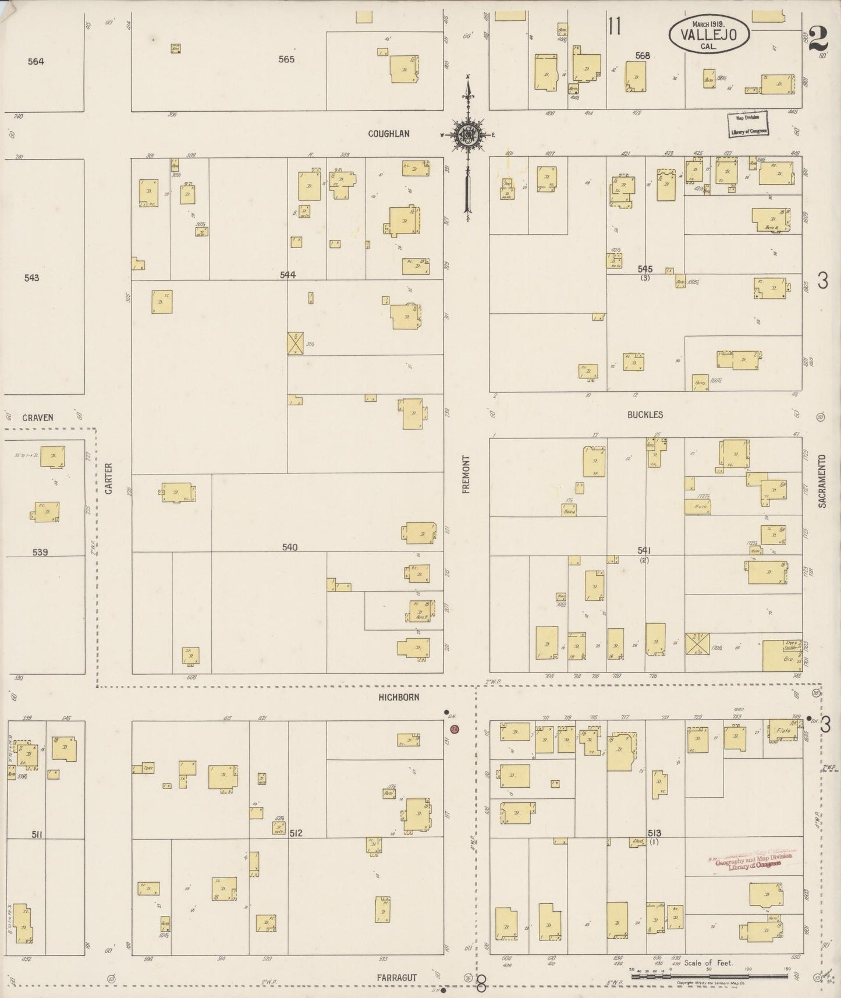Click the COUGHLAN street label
coord(388,133)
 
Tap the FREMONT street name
coord(466,475)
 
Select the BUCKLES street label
coord(645,415)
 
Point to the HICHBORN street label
coord(399,697)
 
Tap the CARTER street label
coord(108,479)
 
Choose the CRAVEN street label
coord(38,417)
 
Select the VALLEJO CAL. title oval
coord(708,34)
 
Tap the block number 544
coord(288,275)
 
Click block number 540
coord(289,547)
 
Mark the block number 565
coord(286,59)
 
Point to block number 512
coord(296,833)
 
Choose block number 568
coord(643,56)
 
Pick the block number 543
coord(31,278)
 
